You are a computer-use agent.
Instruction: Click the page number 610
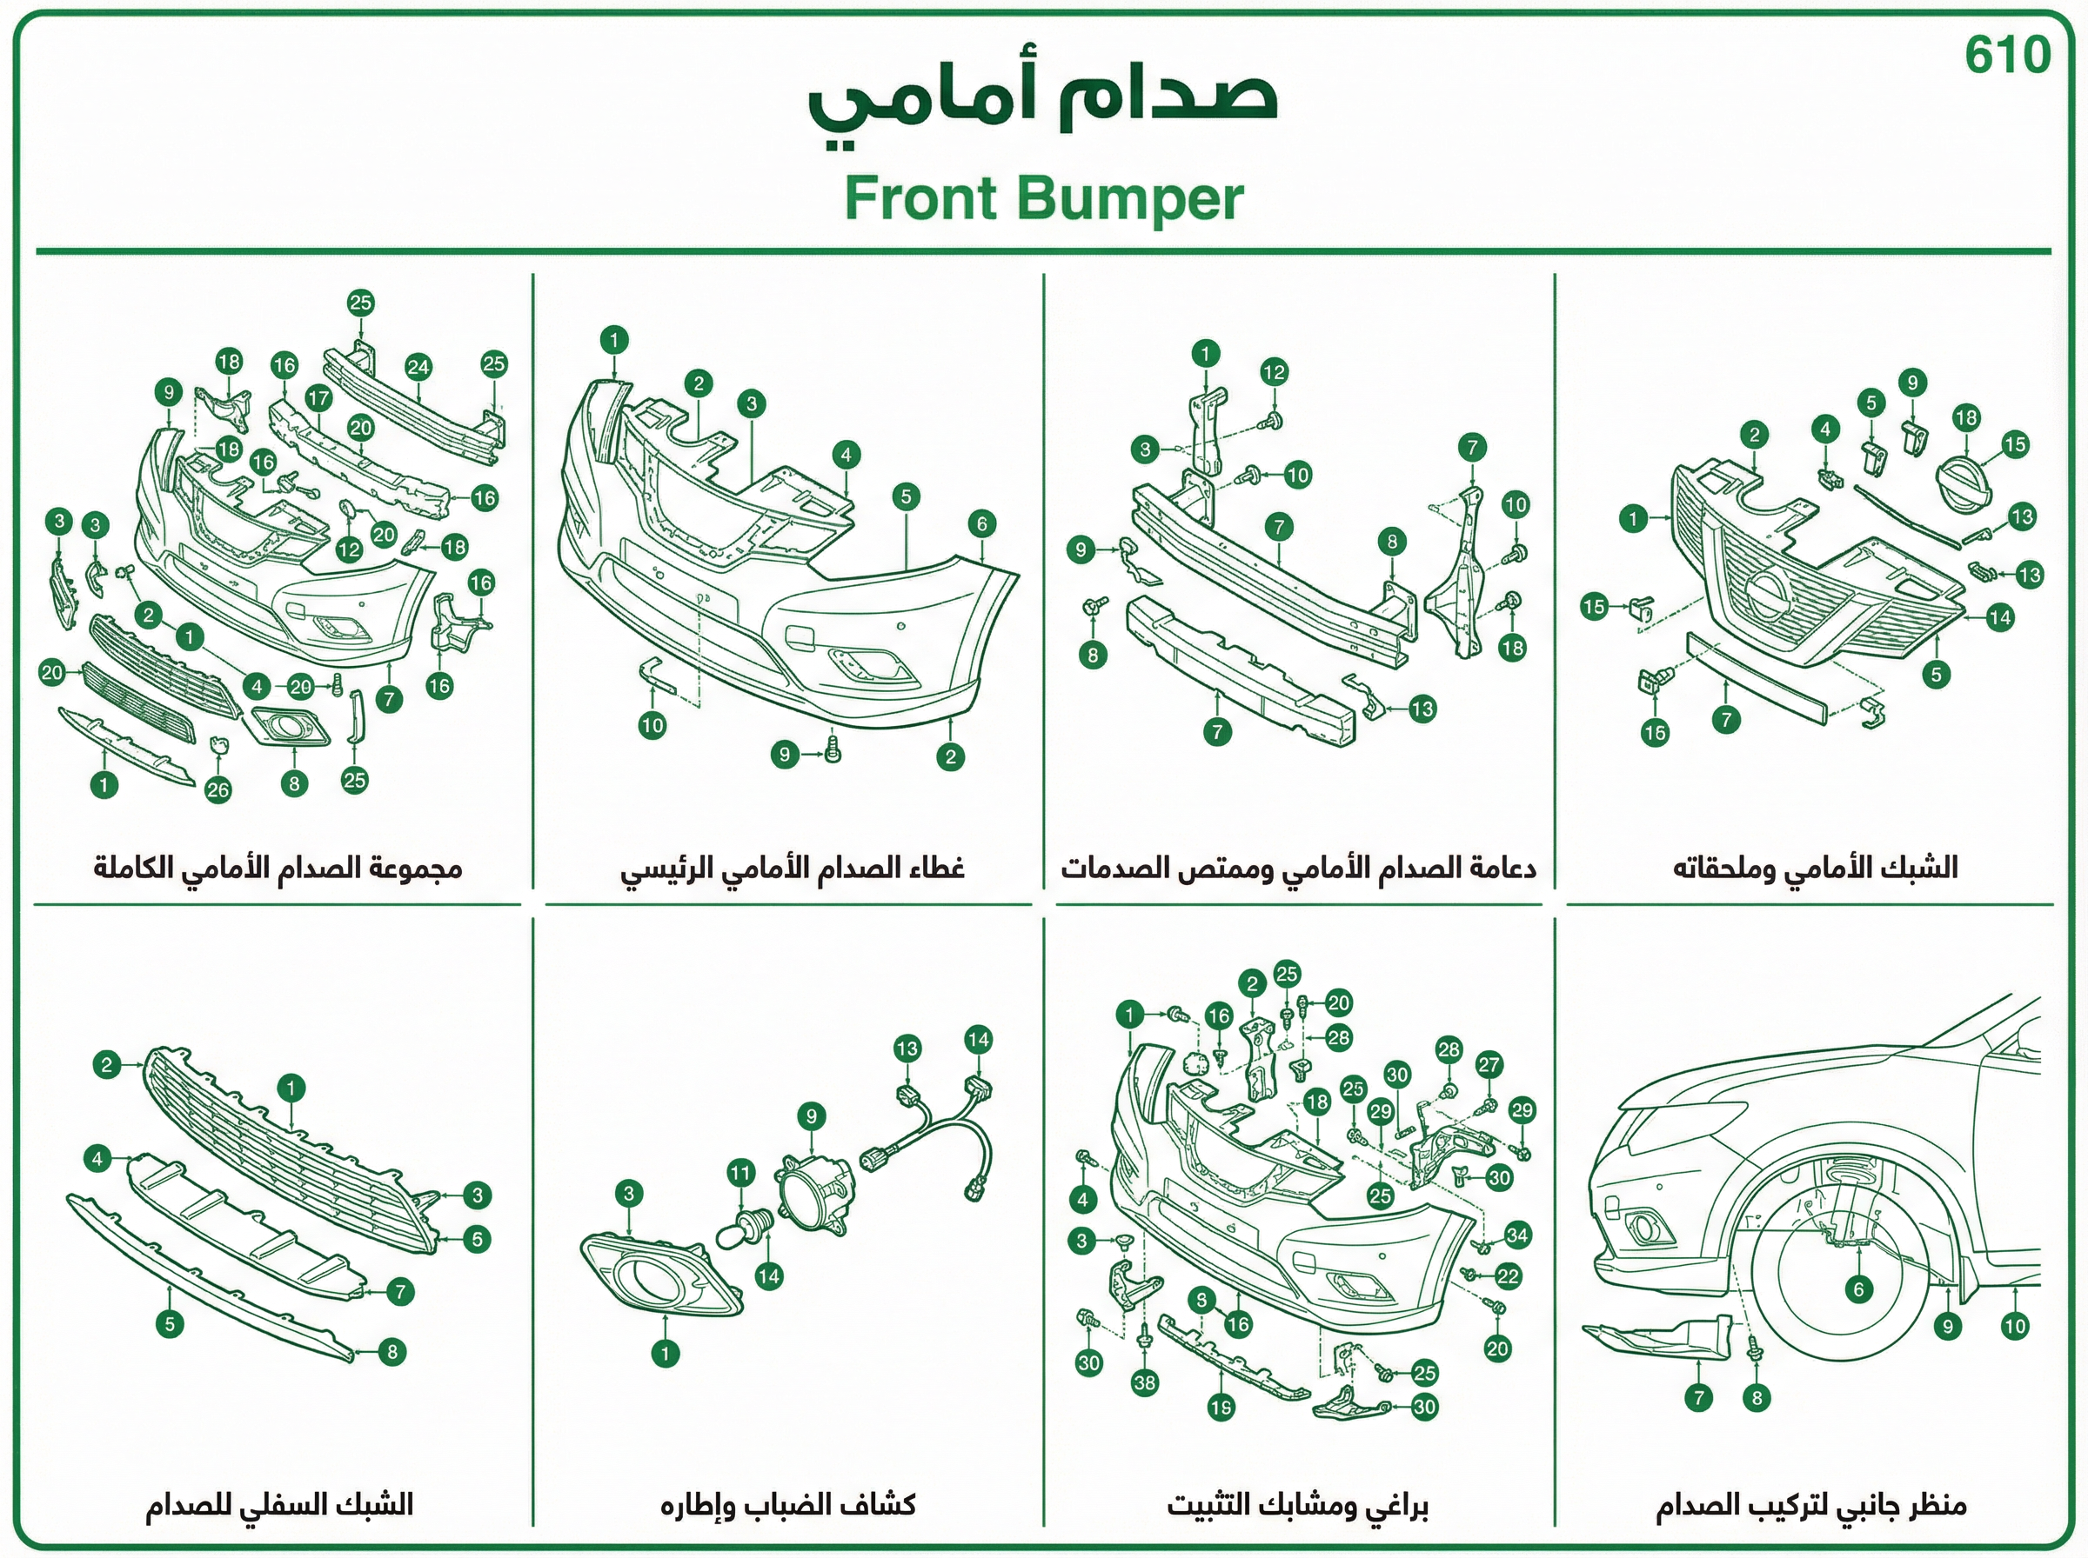(2008, 55)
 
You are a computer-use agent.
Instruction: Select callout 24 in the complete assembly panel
(418, 368)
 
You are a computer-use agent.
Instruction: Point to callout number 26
(218, 789)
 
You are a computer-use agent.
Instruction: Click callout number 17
(319, 398)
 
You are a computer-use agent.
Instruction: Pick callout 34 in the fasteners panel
(1517, 1235)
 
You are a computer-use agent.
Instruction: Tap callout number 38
(1144, 1382)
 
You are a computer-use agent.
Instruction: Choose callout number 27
(1489, 1065)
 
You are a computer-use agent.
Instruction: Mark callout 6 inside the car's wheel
(1858, 1289)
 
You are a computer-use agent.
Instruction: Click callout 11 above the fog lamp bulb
(740, 1173)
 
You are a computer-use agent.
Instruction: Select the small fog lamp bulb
(746, 1228)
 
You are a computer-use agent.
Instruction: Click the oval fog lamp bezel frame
(660, 1274)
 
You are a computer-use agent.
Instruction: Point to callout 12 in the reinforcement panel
(1274, 371)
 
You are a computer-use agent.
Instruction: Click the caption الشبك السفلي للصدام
(279, 1504)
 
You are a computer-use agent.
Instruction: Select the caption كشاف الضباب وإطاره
(788, 1504)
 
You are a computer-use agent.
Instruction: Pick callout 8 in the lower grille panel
(392, 1351)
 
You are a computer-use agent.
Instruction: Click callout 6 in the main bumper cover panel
(981, 524)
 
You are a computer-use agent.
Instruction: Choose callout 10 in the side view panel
(2014, 1326)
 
